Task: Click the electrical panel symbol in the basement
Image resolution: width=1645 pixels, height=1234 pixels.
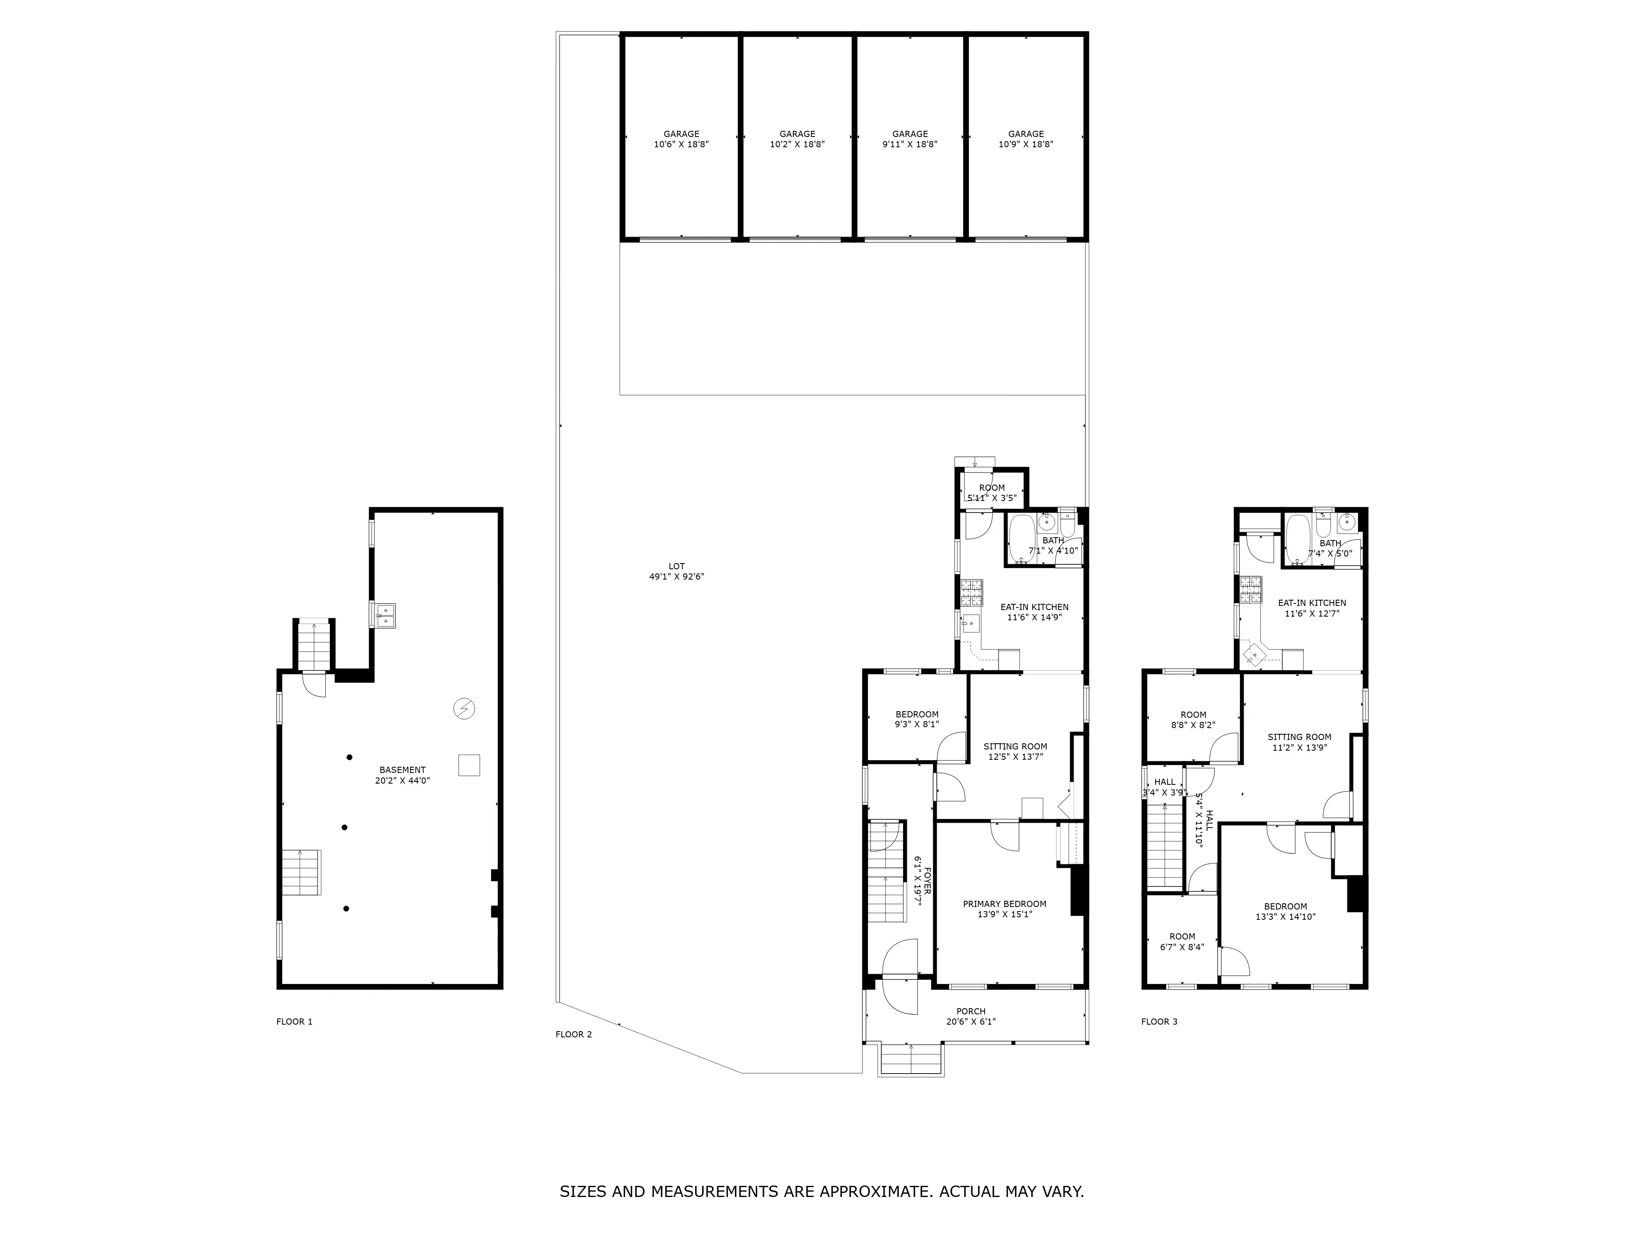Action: [464, 709]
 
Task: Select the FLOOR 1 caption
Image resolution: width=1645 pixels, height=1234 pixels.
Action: [294, 1021]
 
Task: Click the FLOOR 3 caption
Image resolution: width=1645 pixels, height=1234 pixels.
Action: [1158, 1021]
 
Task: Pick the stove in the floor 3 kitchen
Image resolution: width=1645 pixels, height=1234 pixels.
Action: [1251, 589]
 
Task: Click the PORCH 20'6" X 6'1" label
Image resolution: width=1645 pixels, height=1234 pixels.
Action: [971, 1016]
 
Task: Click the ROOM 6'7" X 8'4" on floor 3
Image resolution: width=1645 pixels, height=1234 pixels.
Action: [1182, 942]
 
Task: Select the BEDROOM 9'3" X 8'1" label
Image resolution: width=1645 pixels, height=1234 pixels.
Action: [916, 719]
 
